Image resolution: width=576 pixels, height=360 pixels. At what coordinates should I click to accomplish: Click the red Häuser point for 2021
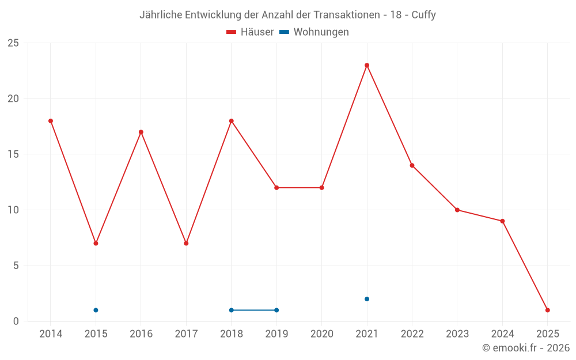367,65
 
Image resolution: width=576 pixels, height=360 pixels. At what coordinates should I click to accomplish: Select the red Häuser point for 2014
51,121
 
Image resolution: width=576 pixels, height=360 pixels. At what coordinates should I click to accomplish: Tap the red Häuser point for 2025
548,310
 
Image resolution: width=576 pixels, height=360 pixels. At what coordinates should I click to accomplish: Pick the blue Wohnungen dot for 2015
96,310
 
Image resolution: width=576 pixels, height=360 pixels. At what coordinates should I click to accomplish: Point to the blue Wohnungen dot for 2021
367,299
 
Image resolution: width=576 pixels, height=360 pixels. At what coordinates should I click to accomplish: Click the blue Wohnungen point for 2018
232,310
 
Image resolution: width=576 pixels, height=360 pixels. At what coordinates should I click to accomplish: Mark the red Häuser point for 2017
186,243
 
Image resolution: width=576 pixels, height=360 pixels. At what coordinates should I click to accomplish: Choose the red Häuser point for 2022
412,165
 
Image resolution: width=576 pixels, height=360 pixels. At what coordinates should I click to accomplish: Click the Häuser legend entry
250,32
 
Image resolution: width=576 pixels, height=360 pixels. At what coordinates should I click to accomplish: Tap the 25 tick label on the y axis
13,43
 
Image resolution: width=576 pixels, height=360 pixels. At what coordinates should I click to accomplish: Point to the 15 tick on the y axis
13,154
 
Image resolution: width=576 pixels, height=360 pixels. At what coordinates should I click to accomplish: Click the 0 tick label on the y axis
16,321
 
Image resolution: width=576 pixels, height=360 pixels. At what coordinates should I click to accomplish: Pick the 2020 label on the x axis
321,334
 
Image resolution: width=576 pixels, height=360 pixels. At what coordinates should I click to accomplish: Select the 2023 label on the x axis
457,334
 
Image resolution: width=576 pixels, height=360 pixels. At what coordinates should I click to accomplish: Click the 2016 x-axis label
141,334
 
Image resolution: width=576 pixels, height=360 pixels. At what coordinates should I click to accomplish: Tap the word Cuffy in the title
423,15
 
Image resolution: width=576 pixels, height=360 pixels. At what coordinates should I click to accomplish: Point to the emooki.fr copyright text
526,348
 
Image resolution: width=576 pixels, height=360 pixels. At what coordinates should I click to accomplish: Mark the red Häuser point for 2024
502,221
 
